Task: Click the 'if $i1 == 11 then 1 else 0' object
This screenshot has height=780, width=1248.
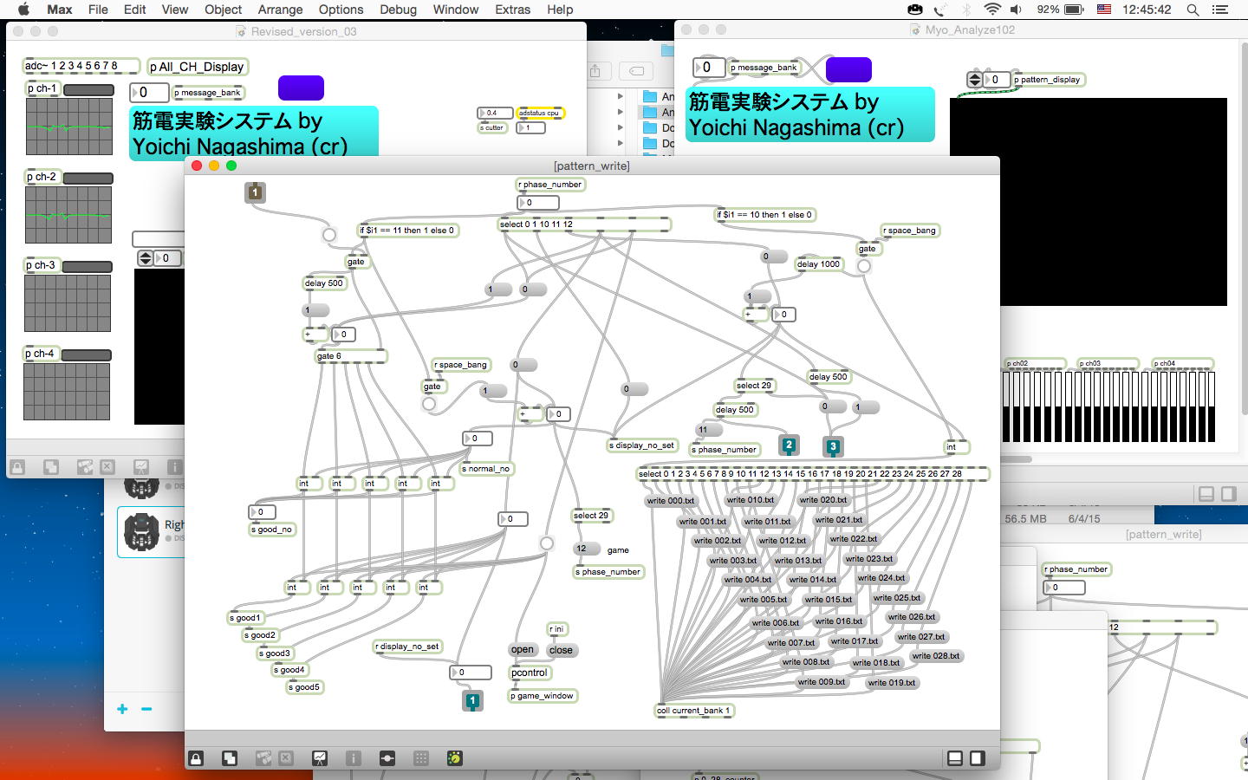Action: (407, 231)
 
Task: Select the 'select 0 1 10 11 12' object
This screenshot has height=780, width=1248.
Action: (536, 224)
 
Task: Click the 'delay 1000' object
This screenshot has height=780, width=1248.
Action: (818, 264)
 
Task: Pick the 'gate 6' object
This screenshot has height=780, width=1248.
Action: (329, 356)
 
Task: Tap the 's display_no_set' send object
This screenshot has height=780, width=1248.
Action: (641, 445)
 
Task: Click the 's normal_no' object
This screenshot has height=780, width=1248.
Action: (486, 469)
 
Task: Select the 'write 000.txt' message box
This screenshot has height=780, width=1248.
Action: (671, 501)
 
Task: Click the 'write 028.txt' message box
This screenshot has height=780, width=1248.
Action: (935, 656)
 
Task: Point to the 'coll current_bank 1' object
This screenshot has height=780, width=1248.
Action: (694, 711)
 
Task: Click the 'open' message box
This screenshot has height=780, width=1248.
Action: (523, 650)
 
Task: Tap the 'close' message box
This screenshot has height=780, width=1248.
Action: (561, 650)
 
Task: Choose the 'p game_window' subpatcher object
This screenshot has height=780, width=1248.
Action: (543, 696)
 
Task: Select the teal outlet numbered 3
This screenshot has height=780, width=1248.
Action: (833, 447)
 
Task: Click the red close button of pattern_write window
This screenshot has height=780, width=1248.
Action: (197, 166)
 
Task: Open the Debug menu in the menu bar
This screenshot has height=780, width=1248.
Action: (398, 10)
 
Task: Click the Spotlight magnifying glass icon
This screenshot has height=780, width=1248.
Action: (1193, 10)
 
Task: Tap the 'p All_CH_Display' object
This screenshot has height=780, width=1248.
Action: (197, 67)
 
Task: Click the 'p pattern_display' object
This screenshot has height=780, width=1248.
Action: (1049, 80)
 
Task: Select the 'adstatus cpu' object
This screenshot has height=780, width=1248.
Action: (539, 113)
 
